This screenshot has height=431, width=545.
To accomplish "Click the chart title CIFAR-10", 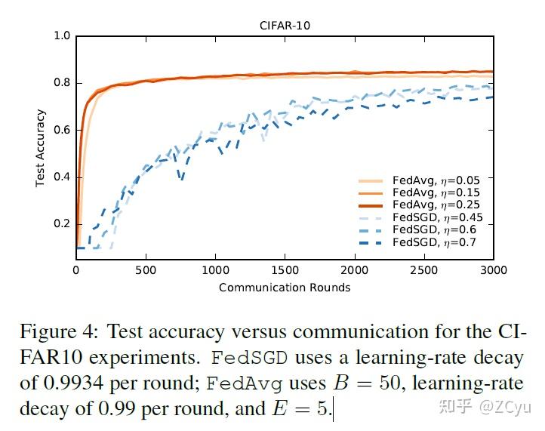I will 280,26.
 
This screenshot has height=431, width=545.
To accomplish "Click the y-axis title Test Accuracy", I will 41,148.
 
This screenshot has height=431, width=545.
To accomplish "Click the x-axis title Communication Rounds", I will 285,288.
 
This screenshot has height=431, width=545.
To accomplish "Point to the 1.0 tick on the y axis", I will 62,35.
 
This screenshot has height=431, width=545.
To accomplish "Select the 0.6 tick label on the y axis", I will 62,130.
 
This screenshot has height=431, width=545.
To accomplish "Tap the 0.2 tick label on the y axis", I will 62,224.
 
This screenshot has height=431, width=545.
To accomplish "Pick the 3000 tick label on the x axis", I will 493,269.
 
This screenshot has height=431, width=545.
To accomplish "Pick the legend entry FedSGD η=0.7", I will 435,242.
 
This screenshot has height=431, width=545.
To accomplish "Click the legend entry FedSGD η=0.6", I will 435,230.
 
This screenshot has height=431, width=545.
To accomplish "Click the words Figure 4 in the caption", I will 59,332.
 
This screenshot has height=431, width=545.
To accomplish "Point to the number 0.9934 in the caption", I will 81,383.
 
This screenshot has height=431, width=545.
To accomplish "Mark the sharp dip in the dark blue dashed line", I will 180,178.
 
